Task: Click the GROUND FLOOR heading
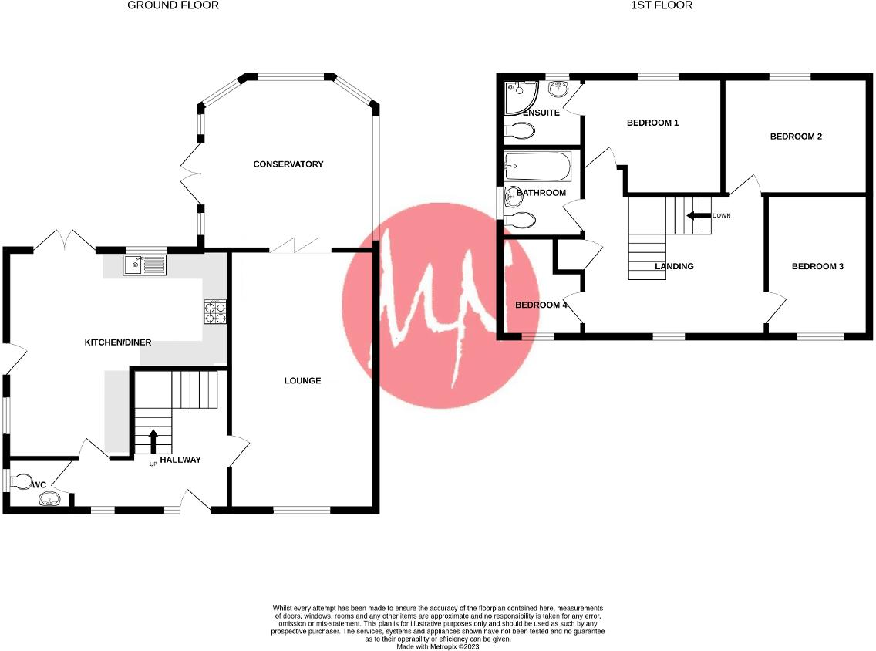click(173, 5)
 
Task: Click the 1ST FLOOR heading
click(661, 5)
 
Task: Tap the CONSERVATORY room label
click(288, 164)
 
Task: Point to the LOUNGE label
click(302, 381)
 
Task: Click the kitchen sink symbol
click(143, 265)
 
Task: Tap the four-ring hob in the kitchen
click(215, 311)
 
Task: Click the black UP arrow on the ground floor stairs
click(153, 441)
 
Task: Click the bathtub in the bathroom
click(537, 166)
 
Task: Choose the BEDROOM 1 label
click(652, 123)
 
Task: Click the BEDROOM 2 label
click(796, 137)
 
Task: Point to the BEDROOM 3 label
click(817, 267)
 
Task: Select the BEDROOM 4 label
click(541, 305)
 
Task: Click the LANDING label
click(674, 267)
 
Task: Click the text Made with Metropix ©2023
click(437, 646)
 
